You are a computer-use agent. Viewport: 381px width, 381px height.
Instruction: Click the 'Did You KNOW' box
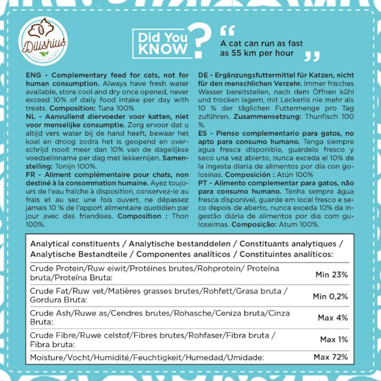[x=162, y=43]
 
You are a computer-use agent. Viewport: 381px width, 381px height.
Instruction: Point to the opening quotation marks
[x=227, y=31]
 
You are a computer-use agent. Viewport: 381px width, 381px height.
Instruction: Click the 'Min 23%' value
[x=332, y=275]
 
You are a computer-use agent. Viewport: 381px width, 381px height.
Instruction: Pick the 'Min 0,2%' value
[x=330, y=296]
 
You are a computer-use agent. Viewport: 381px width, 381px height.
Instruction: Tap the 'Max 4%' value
[x=333, y=318]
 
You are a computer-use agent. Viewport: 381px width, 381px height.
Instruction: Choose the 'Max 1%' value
[x=334, y=340]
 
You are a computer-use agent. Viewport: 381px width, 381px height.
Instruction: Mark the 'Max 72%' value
[x=330, y=357]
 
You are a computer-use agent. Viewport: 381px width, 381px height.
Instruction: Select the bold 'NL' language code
[x=30, y=116]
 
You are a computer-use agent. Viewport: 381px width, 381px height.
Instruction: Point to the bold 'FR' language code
[x=31, y=175]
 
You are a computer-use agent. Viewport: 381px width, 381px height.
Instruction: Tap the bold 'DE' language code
[x=203, y=75]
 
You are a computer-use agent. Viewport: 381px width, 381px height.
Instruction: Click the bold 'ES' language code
[x=203, y=133]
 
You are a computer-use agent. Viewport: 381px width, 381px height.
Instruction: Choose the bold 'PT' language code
[x=203, y=183]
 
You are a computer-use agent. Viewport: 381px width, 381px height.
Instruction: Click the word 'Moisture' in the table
[x=46, y=358]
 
